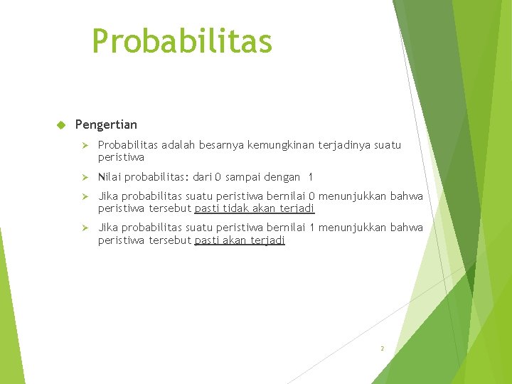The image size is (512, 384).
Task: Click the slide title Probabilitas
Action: tap(182, 41)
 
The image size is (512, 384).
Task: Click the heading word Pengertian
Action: tap(106, 124)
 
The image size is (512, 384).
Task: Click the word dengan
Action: tap(282, 176)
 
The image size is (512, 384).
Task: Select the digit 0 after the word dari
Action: tap(219, 176)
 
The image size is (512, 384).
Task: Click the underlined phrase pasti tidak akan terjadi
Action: tap(255, 208)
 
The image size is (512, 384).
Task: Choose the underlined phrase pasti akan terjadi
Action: tap(240, 240)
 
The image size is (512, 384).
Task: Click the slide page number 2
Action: tap(382, 348)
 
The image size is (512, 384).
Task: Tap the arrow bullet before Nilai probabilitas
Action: tap(83, 176)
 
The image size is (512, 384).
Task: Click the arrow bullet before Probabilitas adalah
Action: tap(83, 145)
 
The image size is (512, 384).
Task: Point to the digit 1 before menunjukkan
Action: tap(311, 228)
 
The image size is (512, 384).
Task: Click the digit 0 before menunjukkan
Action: tap(311, 196)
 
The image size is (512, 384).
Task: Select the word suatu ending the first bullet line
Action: tap(388, 145)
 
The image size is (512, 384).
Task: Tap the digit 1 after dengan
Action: tap(310, 176)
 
